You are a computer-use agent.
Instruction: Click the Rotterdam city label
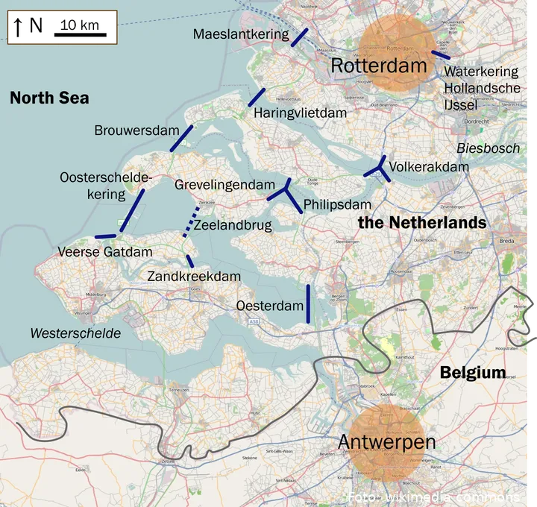click(379, 66)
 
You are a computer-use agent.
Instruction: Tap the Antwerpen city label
click(386, 442)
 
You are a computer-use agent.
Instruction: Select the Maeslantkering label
click(240, 34)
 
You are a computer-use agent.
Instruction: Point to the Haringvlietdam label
click(300, 113)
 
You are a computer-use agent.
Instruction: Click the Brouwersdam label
click(136, 130)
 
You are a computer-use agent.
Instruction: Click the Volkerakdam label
click(429, 166)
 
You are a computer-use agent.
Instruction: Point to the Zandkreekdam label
click(194, 277)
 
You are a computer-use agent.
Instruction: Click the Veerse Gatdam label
click(105, 253)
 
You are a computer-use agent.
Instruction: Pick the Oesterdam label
click(270, 306)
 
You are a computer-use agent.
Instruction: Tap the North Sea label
click(49, 98)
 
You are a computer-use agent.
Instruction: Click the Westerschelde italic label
click(75, 333)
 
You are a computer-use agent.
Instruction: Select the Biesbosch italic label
click(488, 148)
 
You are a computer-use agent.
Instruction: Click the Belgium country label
click(472, 373)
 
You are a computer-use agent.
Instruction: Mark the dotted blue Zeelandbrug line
click(191, 221)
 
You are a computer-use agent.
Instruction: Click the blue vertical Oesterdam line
click(308, 303)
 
